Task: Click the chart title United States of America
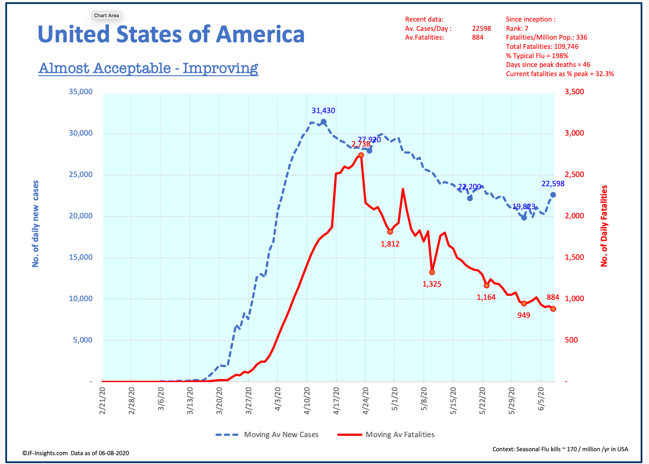point(171,34)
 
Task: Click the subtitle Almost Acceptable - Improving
point(148,68)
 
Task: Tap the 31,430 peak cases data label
point(323,111)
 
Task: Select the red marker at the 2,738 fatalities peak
point(361,155)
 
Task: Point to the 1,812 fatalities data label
point(390,244)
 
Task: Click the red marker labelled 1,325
point(432,272)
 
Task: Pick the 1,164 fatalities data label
point(486,298)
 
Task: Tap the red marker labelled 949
point(524,303)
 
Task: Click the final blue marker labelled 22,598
point(553,195)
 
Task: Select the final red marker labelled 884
point(553,309)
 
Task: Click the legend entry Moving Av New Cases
point(267,435)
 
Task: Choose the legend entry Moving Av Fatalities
point(386,435)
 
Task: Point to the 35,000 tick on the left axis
point(81,92)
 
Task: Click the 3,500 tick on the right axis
point(575,92)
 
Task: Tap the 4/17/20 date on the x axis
point(337,401)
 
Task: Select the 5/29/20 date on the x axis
point(512,401)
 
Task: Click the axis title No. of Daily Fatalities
point(604,225)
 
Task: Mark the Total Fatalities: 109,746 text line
point(542,47)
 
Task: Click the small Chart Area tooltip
point(106,15)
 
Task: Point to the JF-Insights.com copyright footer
point(76,453)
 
